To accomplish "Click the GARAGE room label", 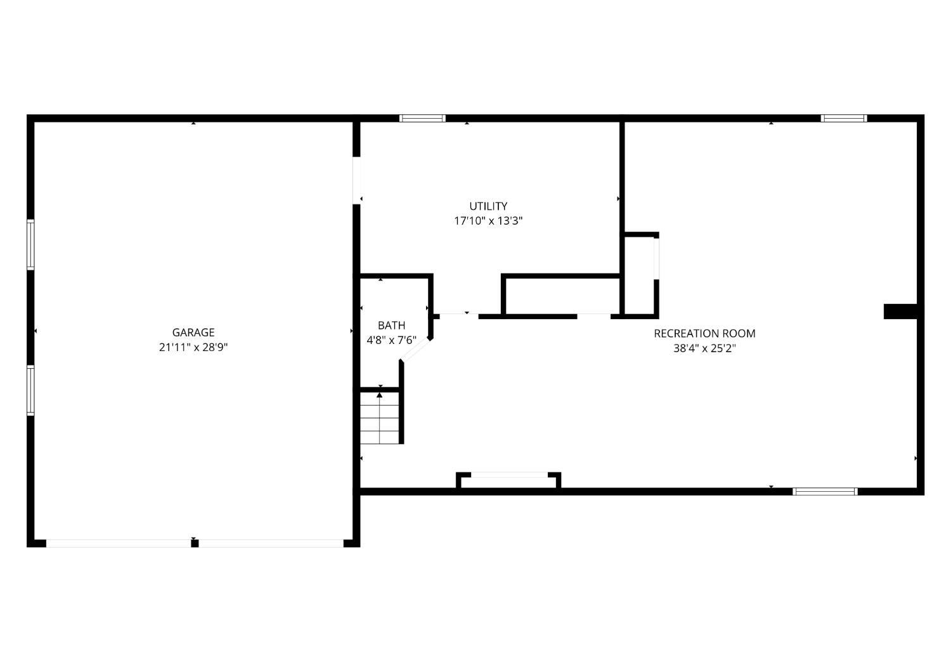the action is [193, 333].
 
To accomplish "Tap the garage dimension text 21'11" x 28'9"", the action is [193, 347].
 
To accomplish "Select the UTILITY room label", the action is [488, 206].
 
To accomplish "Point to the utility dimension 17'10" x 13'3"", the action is [488, 221].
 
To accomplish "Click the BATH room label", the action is [391, 326].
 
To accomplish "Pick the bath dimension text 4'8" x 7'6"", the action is [391, 341].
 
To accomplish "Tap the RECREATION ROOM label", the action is [705, 334].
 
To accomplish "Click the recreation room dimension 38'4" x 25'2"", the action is [705, 348].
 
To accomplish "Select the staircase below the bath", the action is [380, 418].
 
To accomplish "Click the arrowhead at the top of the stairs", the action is [380, 395].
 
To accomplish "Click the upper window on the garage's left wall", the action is [30, 244].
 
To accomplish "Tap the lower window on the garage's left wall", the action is [30, 390].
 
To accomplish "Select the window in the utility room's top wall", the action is [422, 119].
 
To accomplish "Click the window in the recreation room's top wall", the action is [844, 119].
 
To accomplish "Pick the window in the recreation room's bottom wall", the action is [825, 492].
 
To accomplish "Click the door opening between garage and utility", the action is [356, 181].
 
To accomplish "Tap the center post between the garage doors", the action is [195, 543].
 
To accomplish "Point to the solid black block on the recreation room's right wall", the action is [900, 311].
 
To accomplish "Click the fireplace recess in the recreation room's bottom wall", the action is [508, 481].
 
